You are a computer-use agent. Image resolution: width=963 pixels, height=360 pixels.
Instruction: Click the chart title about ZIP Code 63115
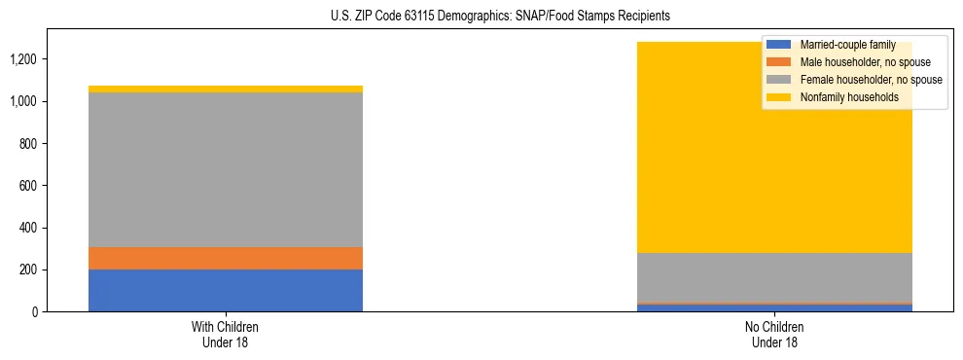point(481,17)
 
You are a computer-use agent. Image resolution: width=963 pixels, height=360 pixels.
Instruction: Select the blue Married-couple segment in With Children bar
point(226,290)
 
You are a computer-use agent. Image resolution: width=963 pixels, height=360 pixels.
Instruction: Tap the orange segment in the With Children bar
point(226,258)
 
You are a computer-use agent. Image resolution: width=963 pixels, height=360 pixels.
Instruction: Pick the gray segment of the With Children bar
point(226,170)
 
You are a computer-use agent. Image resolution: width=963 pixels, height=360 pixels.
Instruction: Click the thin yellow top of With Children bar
point(226,89)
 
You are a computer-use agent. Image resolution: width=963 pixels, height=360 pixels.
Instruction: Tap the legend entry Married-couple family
point(845,45)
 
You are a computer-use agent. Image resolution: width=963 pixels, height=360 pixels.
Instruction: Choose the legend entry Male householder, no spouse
point(863,62)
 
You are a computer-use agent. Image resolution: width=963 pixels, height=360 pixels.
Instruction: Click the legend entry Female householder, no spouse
point(870,80)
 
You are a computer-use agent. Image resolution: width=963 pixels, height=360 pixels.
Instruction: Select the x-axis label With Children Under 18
point(226,334)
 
